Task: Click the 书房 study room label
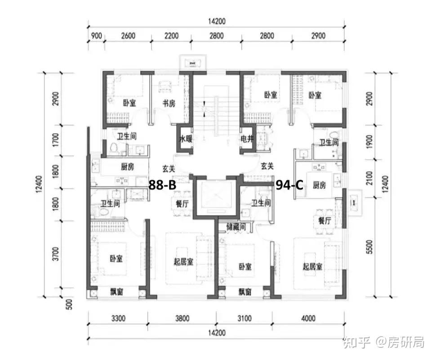pyautogui.click(x=169, y=103)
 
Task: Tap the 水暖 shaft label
pyautogui.click(x=186, y=139)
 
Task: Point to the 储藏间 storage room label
pyautogui.click(x=236, y=227)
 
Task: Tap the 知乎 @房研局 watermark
pyautogui.click(x=383, y=343)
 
